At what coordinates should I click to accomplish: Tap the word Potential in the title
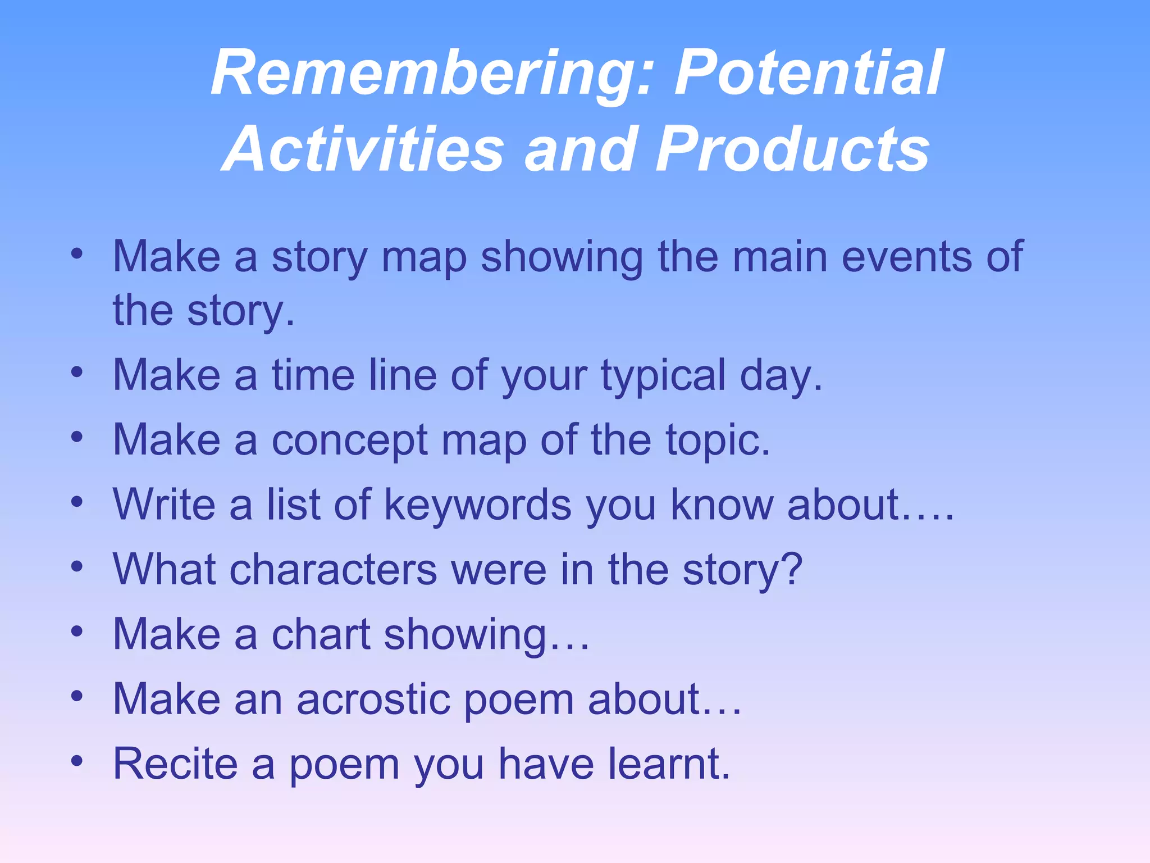[809, 73]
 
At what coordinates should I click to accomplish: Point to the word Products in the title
[792, 149]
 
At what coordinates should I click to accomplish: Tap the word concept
[350, 440]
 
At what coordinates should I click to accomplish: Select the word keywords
[477, 505]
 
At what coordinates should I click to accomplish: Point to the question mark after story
[792, 569]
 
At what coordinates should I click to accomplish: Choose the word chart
[321, 634]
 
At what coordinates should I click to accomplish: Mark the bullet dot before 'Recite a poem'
[77, 761]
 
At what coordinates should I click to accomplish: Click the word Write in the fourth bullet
[164, 505]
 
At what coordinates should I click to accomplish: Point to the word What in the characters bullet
[164, 569]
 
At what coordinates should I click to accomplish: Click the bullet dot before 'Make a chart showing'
[77, 632]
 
